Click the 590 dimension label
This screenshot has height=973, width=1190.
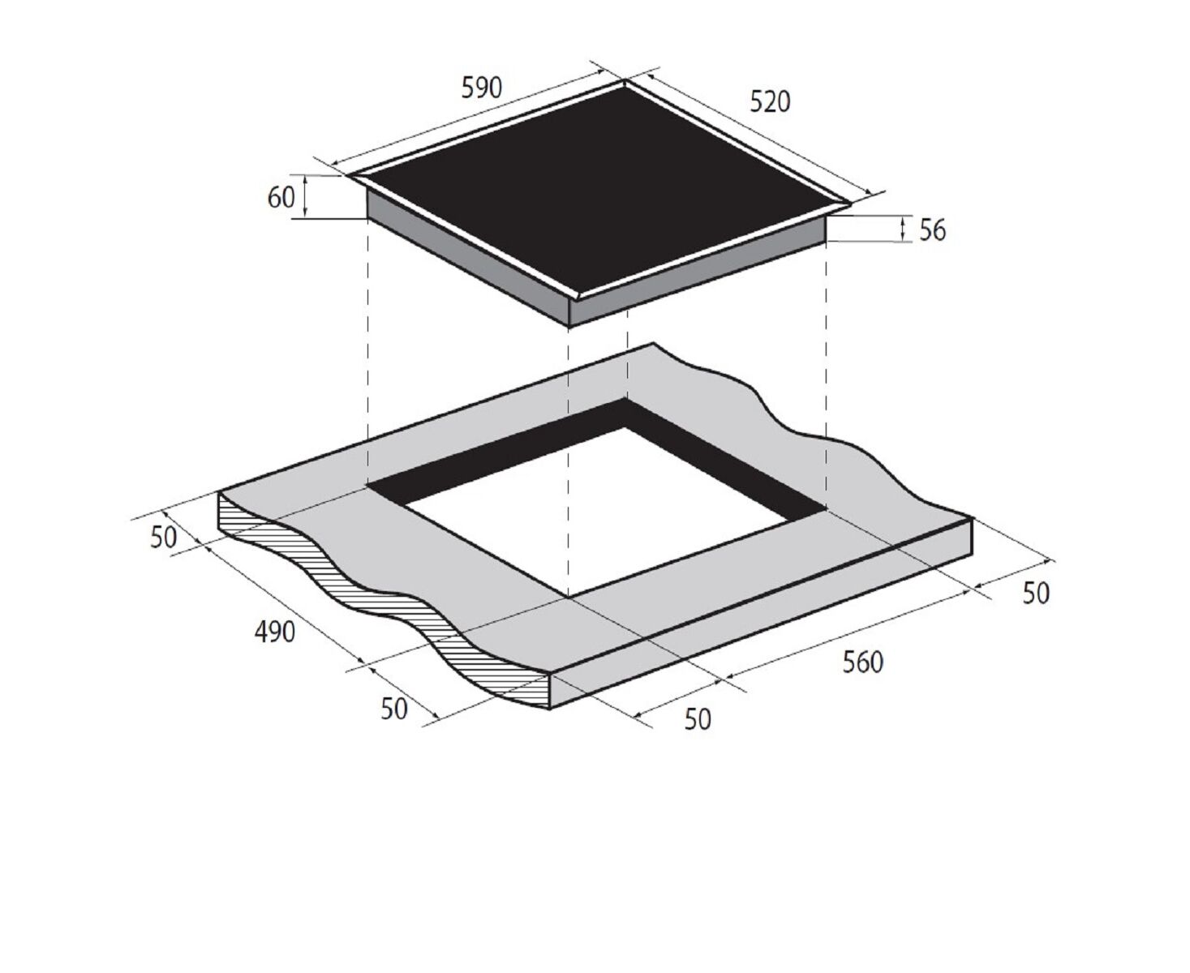point(481,88)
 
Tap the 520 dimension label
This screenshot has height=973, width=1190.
point(770,102)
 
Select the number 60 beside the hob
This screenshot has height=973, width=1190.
point(281,197)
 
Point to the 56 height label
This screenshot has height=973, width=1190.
point(932,230)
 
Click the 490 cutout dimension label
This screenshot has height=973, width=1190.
point(274,632)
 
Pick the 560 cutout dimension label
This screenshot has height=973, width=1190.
point(863,662)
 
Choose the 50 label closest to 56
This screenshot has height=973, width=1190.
point(1036,594)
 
